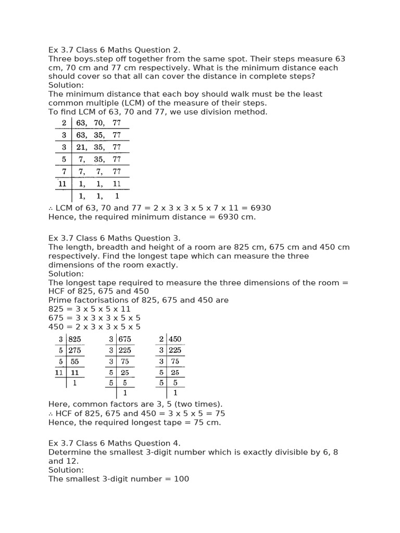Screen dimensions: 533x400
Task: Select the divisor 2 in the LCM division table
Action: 64,123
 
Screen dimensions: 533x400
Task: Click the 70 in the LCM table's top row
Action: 99,123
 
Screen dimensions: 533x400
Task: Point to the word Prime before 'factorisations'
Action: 59,300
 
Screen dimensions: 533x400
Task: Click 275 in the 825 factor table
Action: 76,350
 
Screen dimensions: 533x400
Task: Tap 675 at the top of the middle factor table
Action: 125,339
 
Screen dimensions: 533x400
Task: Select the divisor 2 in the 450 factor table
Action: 161,339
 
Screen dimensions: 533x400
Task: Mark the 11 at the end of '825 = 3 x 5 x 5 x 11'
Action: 126,309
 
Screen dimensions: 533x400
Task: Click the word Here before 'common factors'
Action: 58,404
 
